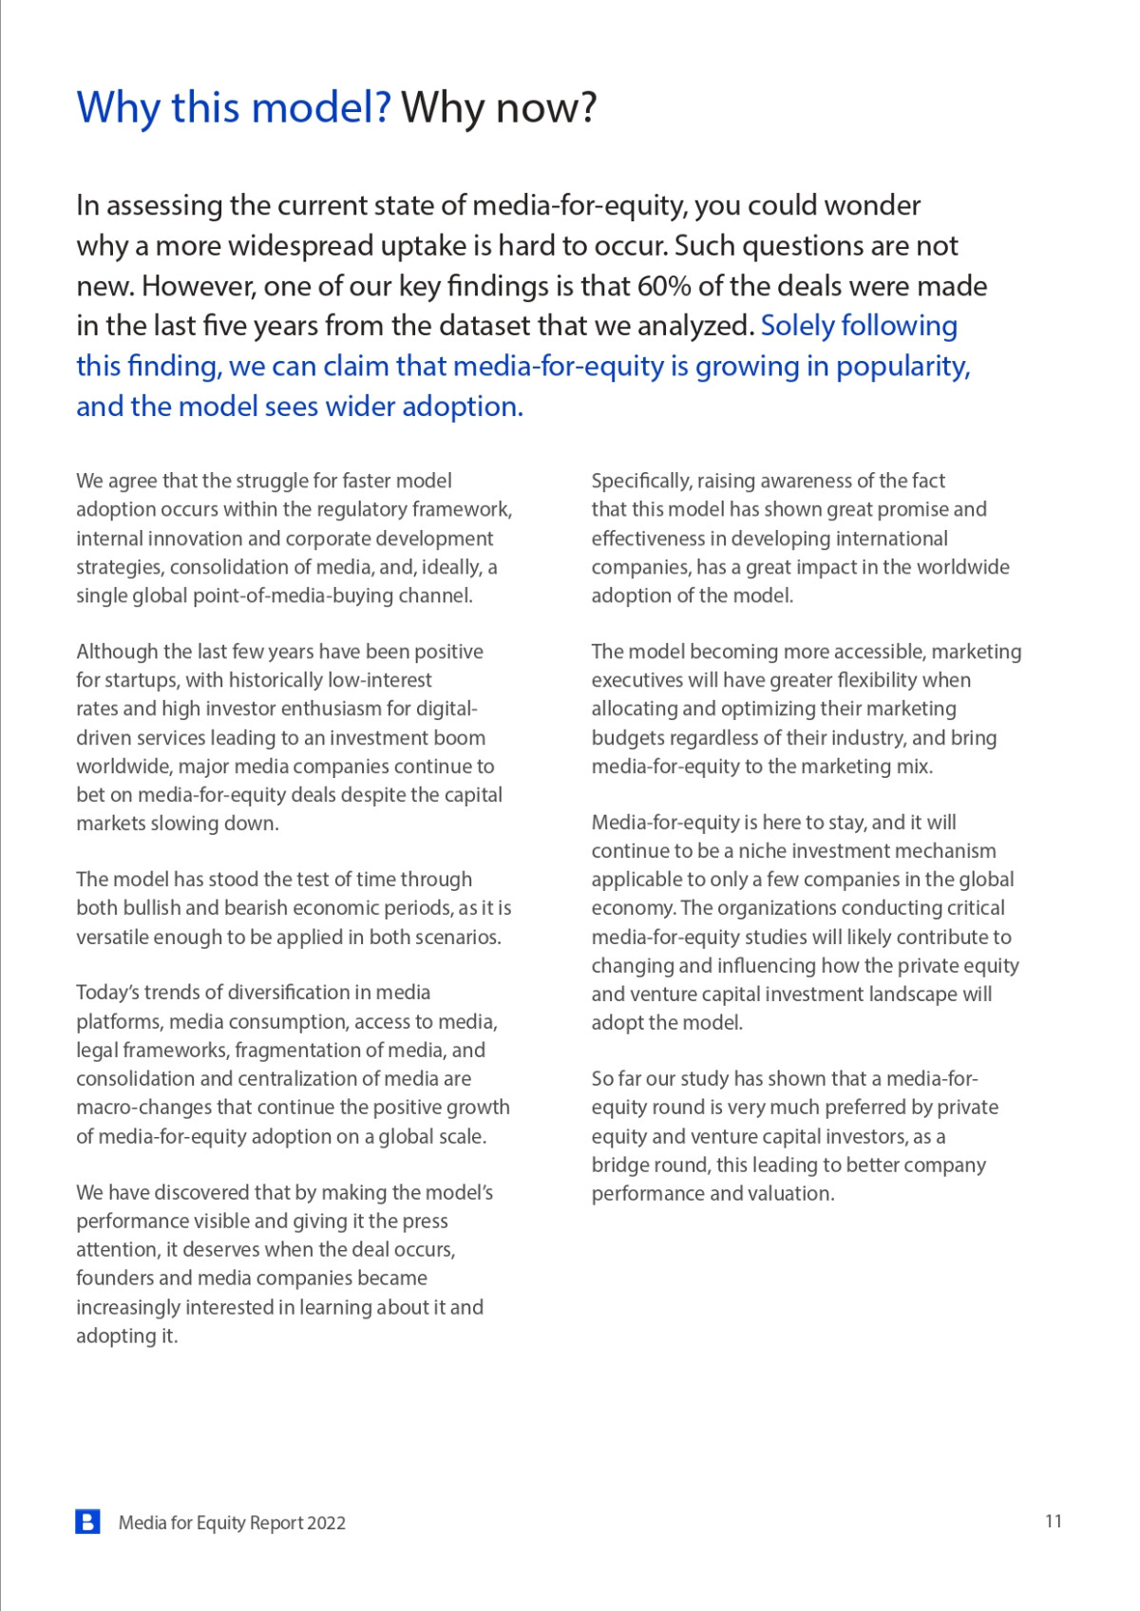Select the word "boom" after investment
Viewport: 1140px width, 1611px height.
tap(459, 738)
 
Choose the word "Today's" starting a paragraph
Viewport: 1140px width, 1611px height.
tap(107, 993)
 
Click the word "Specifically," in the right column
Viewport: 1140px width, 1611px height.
tap(641, 482)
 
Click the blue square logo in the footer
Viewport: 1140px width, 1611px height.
tap(87, 1522)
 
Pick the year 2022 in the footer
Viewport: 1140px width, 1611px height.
tap(326, 1524)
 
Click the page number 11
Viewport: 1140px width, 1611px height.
tap(1053, 1522)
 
